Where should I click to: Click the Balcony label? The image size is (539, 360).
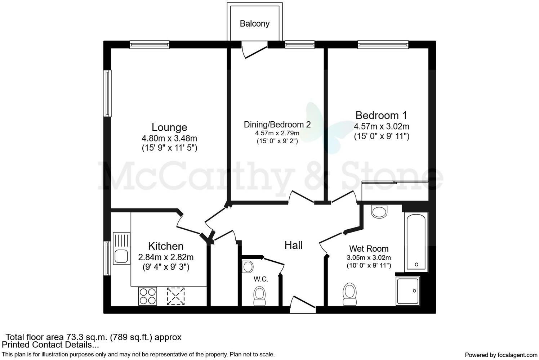pos(254,24)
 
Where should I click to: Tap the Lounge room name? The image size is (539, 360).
pos(169,127)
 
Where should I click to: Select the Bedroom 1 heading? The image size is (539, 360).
pos(381,115)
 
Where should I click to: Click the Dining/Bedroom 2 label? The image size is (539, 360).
pos(277,125)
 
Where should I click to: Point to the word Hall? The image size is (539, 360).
pos(293,246)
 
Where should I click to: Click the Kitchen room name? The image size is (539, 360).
pos(166,246)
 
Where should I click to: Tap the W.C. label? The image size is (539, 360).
pos(261,279)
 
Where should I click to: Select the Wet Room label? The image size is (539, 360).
pos(369,248)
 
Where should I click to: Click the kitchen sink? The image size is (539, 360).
pos(121,248)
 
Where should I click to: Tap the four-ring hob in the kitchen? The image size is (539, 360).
pos(148,296)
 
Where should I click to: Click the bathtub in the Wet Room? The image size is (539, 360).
pos(416,241)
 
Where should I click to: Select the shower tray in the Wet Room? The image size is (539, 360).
pos(408,291)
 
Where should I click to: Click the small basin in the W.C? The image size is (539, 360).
pos(248,267)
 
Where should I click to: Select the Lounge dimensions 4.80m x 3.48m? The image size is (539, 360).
pos(169,138)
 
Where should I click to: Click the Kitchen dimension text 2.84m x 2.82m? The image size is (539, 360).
pos(166,257)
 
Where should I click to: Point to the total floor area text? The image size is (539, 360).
pos(94,337)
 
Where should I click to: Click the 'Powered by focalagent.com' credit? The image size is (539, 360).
pos(501,355)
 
